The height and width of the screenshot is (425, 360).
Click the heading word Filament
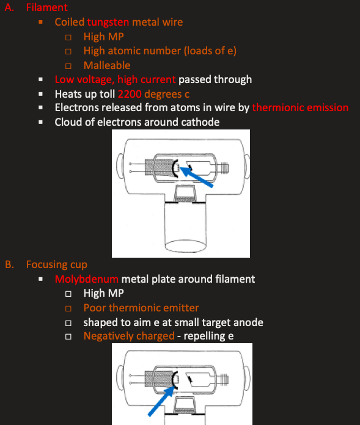[46, 7]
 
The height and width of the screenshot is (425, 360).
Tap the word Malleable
[107, 65]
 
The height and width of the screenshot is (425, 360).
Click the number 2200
[130, 94]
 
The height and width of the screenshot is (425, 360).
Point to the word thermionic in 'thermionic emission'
[278, 107]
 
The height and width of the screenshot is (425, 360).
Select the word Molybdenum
[87, 279]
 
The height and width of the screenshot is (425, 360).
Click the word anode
[248, 322]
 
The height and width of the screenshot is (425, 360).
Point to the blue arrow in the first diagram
[196, 177]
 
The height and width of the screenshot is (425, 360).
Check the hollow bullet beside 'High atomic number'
[68, 51]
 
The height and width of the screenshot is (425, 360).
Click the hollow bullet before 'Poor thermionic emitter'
[68, 308]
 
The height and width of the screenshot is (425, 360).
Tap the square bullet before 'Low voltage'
[41, 79]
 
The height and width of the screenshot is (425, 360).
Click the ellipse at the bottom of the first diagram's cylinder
[185, 246]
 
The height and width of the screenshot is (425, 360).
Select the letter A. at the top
[10, 7]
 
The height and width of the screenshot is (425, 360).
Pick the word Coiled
[70, 22]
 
